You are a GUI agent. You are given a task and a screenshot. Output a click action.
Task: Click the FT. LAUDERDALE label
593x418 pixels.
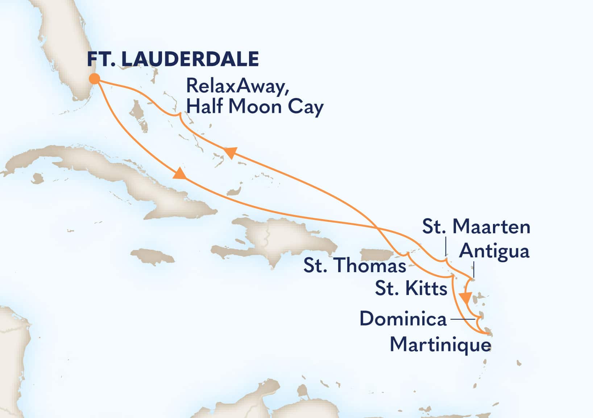(173, 59)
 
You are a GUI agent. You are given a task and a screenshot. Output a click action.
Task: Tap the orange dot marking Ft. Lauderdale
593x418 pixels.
(95, 79)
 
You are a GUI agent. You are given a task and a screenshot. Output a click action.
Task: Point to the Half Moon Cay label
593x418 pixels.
(254, 107)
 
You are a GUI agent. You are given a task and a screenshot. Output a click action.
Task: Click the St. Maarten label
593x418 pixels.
(476, 227)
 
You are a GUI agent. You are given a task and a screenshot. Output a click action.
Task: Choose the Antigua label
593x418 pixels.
(494, 251)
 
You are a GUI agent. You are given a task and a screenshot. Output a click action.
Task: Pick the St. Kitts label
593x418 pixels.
(411, 289)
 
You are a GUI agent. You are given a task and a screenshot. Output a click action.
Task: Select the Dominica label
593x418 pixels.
(403, 319)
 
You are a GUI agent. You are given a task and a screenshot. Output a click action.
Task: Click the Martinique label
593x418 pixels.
(440, 344)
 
